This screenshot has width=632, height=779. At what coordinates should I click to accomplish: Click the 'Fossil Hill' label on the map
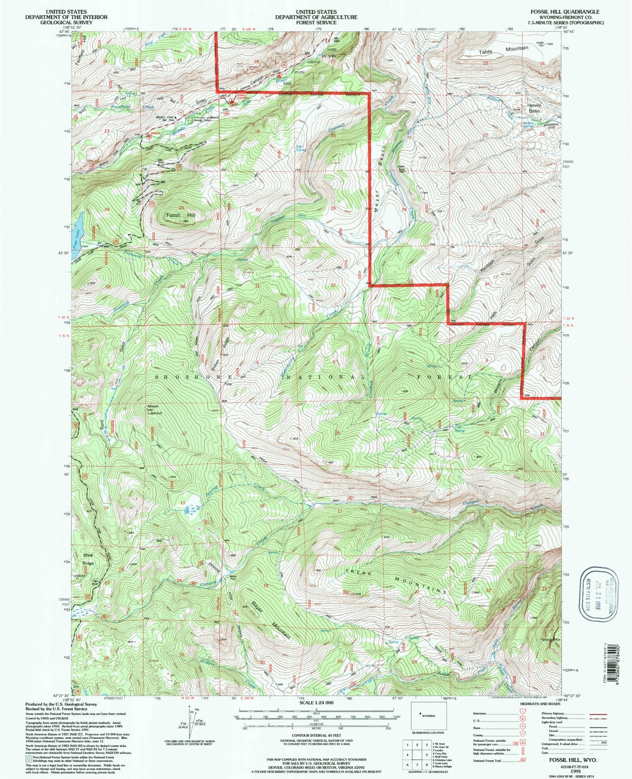coord(180,216)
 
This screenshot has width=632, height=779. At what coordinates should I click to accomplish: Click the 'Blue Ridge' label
coord(88,559)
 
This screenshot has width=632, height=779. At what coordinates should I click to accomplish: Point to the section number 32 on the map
coord(333,285)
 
